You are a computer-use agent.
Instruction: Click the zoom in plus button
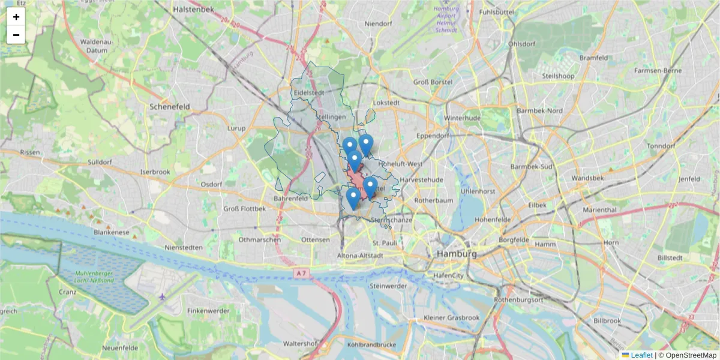tap(16, 17)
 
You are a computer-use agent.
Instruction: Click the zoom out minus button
tap(16, 35)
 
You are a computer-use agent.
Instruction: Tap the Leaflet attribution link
tap(641, 355)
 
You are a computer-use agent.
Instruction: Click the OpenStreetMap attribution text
tap(691, 355)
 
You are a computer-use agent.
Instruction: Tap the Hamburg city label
tap(457, 254)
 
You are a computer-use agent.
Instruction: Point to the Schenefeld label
tap(170, 106)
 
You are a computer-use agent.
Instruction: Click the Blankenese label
tap(112, 232)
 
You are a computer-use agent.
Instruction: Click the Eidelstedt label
tap(310, 92)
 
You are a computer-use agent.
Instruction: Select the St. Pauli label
tap(385, 243)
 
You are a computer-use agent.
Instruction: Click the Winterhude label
tap(463, 118)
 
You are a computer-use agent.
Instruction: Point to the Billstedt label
tap(670, 257)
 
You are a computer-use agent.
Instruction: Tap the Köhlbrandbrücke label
tap(371, 345)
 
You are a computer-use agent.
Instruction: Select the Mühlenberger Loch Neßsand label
tap(95, 279)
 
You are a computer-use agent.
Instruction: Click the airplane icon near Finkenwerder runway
tap(162, 296)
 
